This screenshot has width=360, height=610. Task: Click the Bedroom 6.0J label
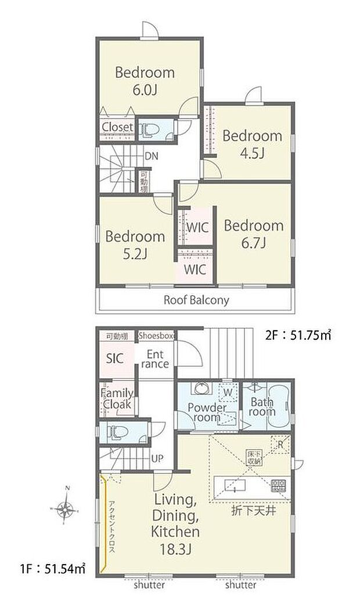coord(145,81)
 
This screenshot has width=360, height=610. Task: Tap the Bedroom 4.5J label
coord(252,144)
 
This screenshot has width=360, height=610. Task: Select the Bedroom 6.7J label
coord(253,234)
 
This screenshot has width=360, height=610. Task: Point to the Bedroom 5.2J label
coord(135,245)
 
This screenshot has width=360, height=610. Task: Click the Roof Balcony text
coord(196,300)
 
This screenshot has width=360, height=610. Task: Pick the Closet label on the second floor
coord(117,127)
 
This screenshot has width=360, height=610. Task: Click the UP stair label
coord(157,458)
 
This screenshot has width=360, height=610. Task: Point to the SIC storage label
coord(114,358)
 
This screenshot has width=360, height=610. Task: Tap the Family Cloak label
coord(117,399)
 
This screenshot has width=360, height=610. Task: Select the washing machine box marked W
coord(226,392)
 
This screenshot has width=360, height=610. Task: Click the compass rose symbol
coord(66,511)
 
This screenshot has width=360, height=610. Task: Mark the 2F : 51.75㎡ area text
coord(297,335)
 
